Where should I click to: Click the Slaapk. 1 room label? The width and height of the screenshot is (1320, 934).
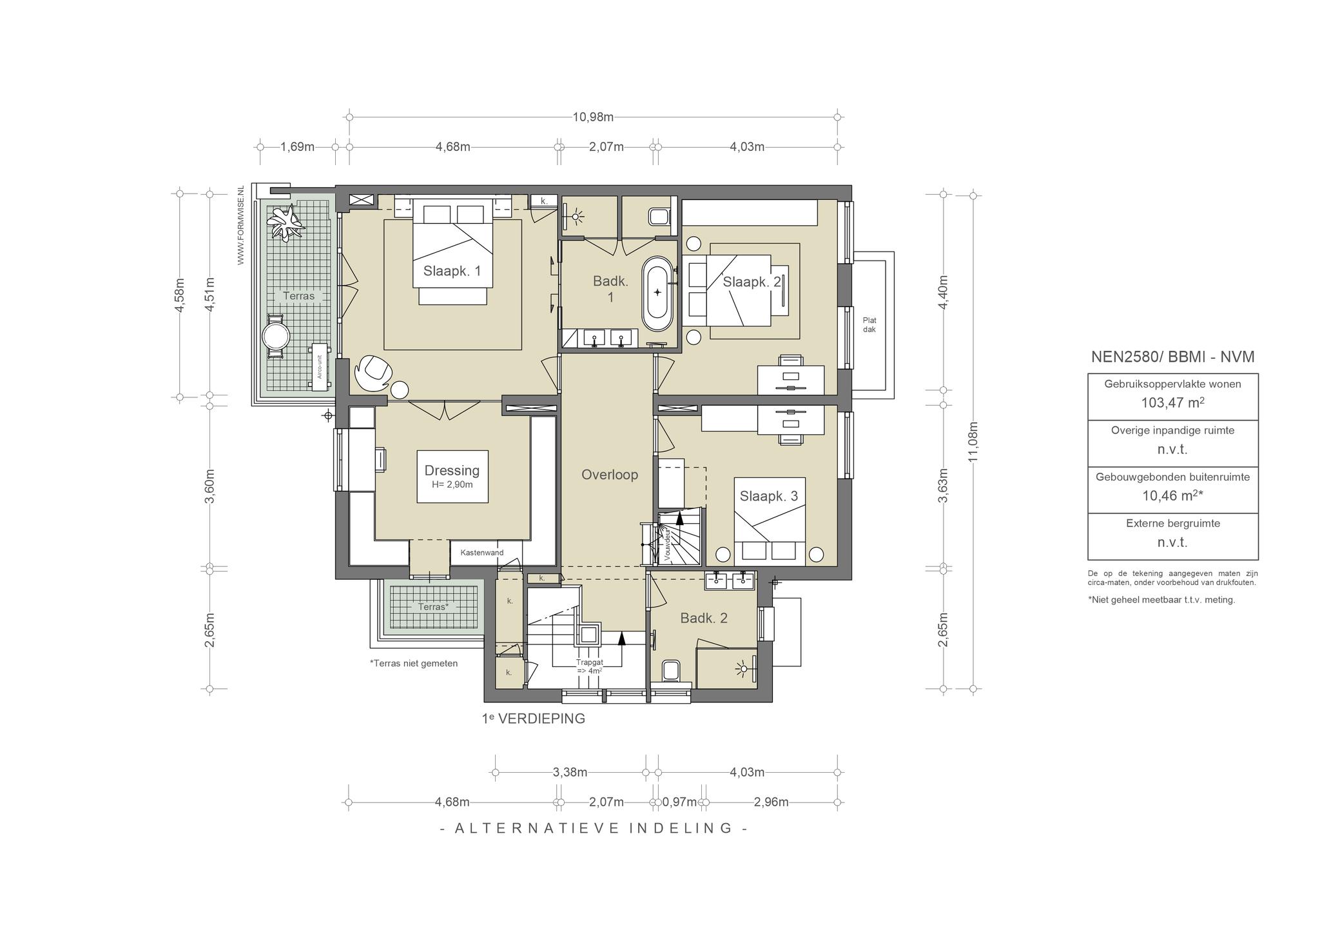coord(452,271)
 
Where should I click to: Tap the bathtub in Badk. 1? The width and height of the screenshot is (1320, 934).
coord(657,292)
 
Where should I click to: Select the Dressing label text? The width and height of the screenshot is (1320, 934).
coord(452,471)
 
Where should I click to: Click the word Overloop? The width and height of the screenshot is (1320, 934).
coord(610,475)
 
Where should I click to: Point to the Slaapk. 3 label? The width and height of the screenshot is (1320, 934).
coord(769,496)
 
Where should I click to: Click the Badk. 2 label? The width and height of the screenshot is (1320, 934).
coord(704,618)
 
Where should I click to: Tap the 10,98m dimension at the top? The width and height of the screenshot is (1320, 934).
coord(593,117)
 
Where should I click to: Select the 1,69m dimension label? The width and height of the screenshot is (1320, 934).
coord(297,146)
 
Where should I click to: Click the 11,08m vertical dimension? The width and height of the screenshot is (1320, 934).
coord(973,441)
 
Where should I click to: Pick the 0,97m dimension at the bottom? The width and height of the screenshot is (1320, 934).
coord(679,802)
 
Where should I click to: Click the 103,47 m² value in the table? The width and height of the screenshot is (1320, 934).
coord(1172,403)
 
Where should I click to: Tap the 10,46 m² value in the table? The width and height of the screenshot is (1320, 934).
coord(1172,495)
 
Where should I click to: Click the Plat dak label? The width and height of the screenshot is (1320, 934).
coord(869,325)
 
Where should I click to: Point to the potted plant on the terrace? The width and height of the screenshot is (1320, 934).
coord(286,222)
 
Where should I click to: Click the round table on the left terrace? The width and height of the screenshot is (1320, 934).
coord(276,336)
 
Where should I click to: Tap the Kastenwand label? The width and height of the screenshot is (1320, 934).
coord(482,553)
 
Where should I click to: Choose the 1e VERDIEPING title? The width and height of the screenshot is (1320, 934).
coord(534,718)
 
